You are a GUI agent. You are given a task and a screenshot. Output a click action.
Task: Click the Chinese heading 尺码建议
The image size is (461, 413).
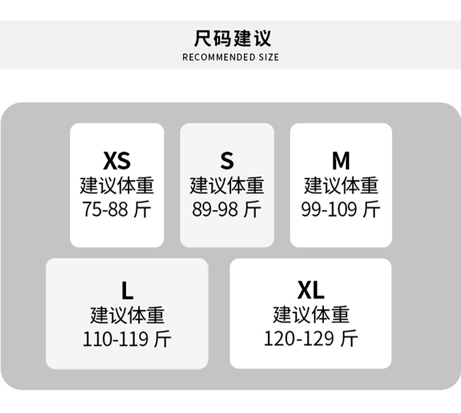232,38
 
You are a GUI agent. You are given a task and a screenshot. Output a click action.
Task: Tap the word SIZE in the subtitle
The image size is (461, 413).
269,57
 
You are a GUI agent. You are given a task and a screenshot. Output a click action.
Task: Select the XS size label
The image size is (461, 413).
117,161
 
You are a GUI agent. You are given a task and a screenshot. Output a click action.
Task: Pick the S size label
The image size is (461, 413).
227,161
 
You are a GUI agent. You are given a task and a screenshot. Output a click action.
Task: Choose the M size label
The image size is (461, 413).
341,161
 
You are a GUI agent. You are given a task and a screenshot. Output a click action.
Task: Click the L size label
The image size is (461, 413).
127,291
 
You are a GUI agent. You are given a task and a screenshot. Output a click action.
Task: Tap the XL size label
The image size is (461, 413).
311,290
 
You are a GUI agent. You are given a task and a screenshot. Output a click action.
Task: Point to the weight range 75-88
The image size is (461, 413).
105,209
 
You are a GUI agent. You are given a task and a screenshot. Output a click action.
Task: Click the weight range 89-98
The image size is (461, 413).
215,209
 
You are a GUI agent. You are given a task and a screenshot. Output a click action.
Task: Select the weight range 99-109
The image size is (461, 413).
329,209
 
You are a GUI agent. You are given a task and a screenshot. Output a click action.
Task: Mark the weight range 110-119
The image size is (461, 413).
116,339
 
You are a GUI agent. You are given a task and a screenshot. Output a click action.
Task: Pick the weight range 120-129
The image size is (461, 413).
299,339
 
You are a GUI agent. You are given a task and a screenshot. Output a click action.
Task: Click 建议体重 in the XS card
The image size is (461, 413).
117,185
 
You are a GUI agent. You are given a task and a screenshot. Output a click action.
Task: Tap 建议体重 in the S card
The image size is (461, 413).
227,185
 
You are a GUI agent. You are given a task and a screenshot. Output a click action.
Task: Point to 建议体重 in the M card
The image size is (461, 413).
341,185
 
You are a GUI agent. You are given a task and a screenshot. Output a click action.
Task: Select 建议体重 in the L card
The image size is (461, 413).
127,315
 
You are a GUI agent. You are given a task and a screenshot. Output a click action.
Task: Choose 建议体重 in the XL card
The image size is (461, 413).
311,315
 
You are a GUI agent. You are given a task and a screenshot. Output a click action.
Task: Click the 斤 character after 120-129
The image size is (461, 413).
349,339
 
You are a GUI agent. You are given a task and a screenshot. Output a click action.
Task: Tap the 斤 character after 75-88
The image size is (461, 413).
143,209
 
